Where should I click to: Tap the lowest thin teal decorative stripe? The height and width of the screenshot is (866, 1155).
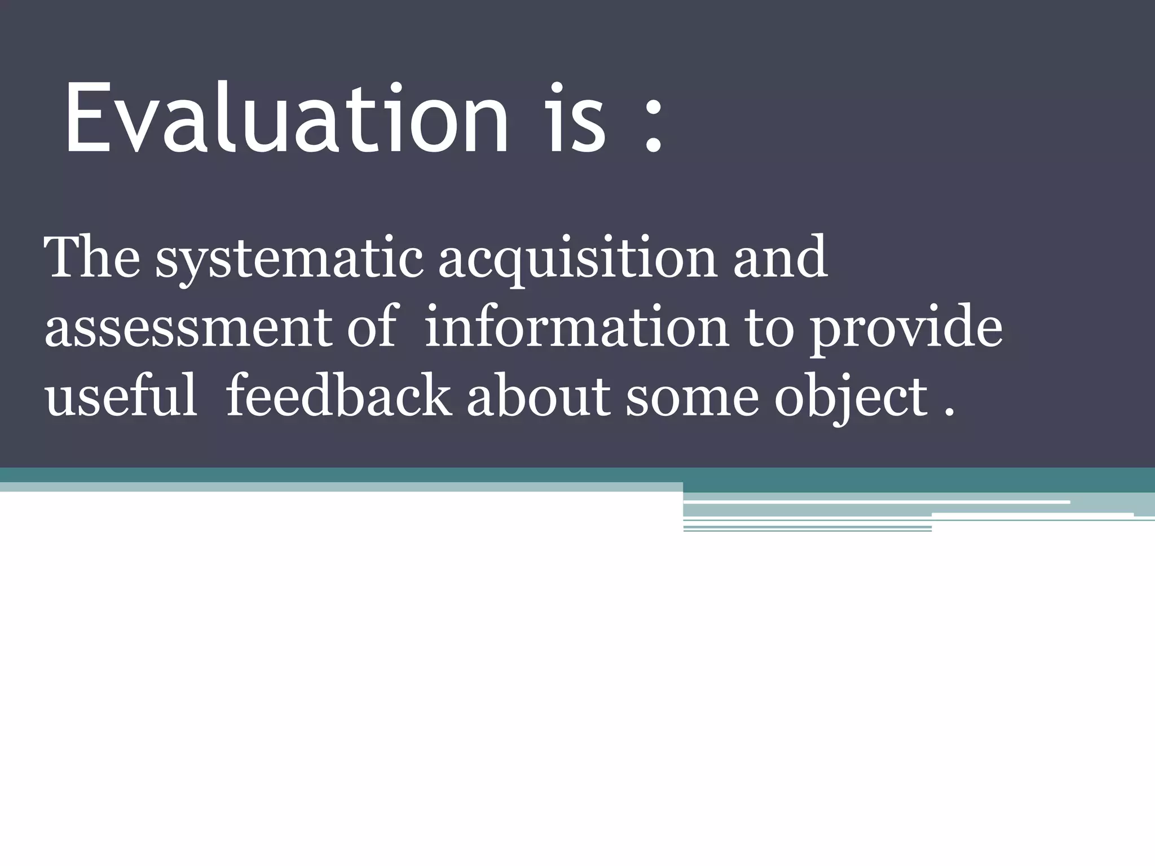tap(806, 531)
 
